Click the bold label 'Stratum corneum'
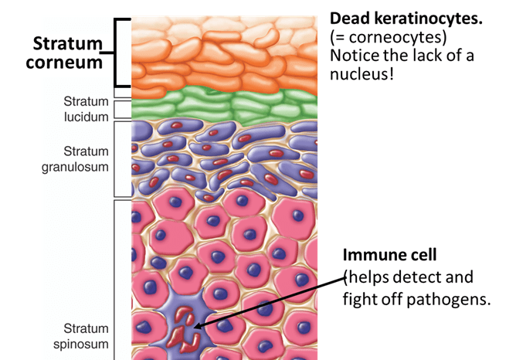coord(64,53)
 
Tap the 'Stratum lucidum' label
coord(86,109)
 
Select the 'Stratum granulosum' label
coord(75,159)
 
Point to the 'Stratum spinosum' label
coord(81,336)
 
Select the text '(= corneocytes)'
coord(389,38)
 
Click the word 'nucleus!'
coord(362,73)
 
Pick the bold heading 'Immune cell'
coord(389,255)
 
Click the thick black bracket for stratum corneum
coord(117,53)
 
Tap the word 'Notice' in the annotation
coord(355,56)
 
